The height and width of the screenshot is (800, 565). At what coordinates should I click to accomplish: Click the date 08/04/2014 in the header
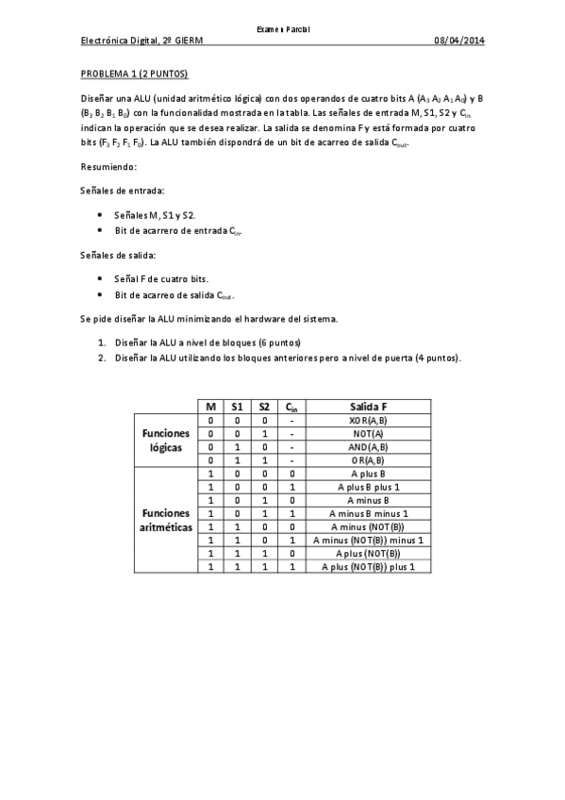point(458,41)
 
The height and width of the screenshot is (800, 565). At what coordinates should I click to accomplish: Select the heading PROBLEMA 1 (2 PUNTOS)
point(135,73)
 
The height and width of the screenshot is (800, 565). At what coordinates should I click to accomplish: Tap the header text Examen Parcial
point(283,29)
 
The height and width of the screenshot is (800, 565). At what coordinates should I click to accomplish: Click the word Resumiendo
point(108,167)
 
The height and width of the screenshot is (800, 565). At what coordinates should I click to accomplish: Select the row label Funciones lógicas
point(166,440)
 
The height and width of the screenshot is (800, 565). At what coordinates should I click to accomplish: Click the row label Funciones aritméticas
point(166,520)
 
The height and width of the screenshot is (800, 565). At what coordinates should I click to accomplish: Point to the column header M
point(211,406)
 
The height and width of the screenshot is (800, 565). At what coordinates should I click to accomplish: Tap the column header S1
point(238,406)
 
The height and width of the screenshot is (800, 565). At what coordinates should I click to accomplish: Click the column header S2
point(265,406)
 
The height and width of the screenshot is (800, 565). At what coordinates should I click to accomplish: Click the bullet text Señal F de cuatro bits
point(160,278)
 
